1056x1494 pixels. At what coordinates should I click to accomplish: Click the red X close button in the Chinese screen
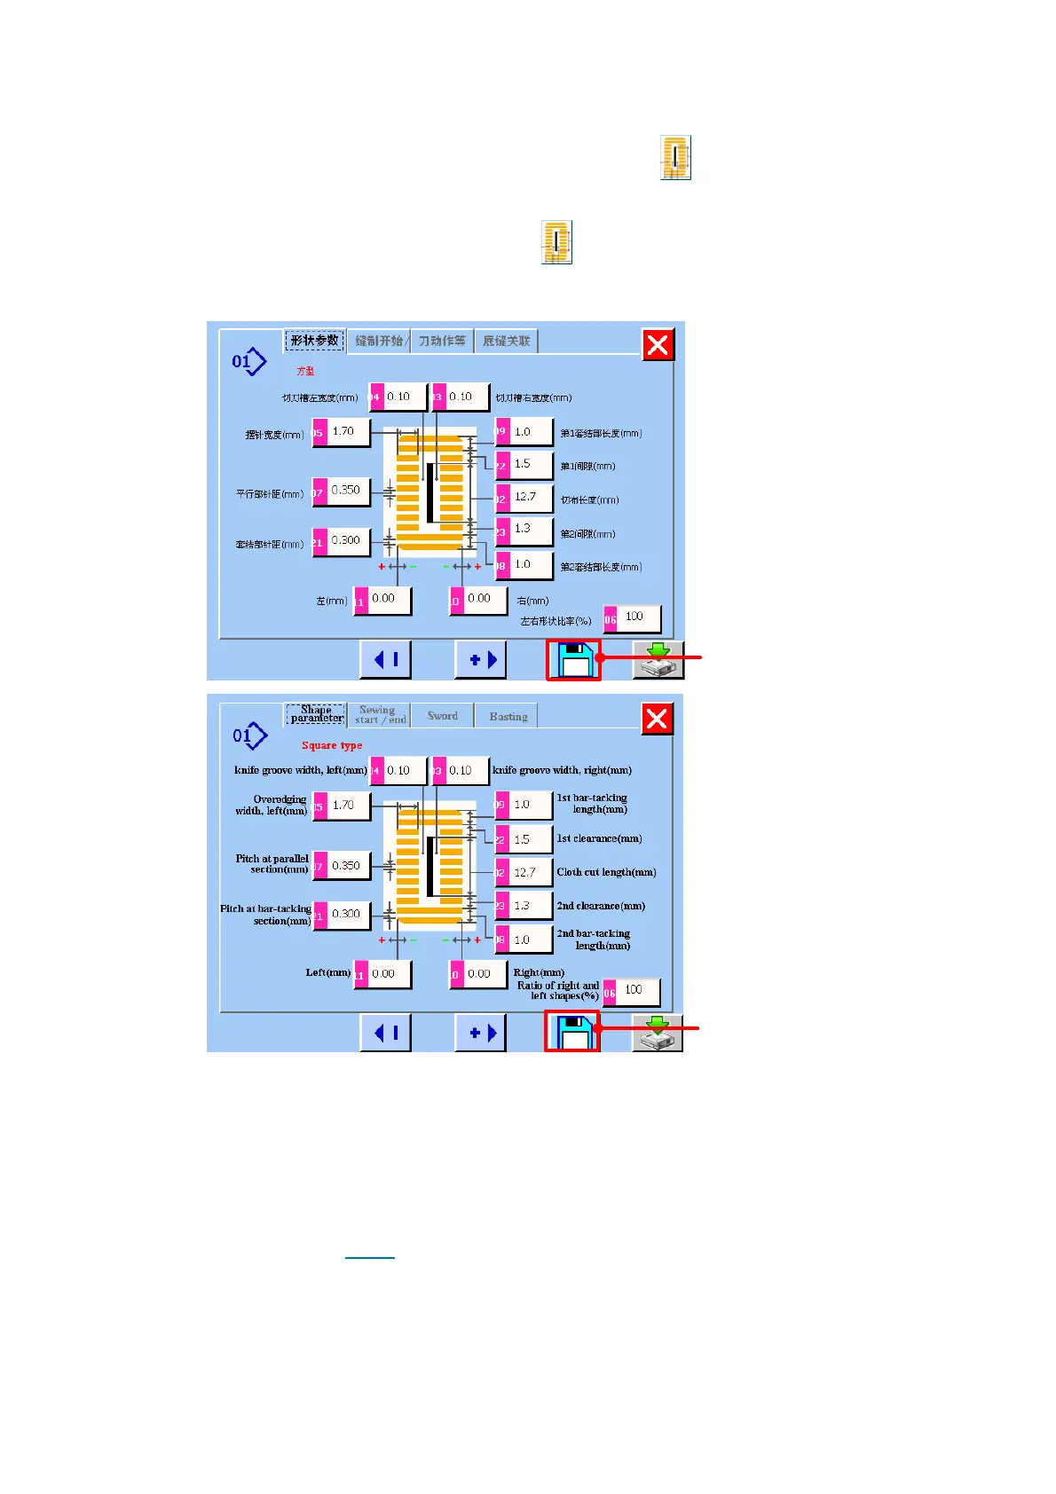[658, 344]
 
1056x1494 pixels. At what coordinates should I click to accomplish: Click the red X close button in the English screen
[657, 719]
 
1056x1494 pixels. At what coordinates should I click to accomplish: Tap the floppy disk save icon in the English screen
[572, 1032]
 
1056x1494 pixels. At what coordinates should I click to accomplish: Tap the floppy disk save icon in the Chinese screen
[574, 660]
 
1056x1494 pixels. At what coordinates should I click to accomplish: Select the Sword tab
[442, 716]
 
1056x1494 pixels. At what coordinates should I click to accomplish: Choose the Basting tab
[508, 717]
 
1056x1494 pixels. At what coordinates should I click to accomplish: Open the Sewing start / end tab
[380, 715]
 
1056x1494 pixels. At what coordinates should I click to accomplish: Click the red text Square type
[332, 745]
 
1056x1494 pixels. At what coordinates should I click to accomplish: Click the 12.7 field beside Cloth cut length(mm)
[531, 872]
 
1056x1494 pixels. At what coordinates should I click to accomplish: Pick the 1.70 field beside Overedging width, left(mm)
[348, 806]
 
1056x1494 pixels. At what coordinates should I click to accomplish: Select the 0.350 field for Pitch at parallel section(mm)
[348, 866]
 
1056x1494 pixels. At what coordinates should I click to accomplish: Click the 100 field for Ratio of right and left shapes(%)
[637, 990]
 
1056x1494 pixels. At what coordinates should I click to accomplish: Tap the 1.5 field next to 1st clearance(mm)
[529, 839]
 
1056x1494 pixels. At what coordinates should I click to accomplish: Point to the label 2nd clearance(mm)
[601, 906]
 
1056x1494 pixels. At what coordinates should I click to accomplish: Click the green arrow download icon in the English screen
[657, 1033]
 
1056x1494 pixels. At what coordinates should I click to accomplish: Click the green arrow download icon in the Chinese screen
[658, 660]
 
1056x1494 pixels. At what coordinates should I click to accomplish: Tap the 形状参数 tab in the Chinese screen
[315, 341]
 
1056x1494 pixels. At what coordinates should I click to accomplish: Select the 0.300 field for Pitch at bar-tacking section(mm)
[348, 914]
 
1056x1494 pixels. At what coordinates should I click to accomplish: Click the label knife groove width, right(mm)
[562, 770]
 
